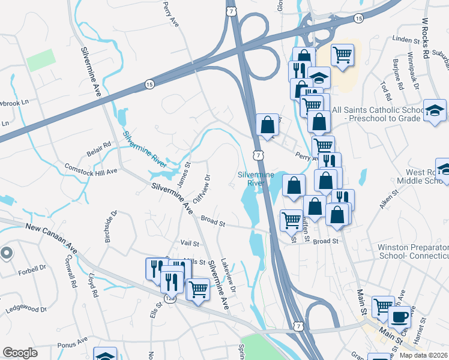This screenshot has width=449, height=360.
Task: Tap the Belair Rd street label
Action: (x=98, y=145)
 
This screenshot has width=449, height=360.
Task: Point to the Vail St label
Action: (x=189, y=243)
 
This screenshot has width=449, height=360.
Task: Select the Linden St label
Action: (x=405, y=40)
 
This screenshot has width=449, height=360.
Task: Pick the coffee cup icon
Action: (x=400, y=316)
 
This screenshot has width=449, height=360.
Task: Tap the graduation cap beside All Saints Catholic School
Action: (x=435, y=110)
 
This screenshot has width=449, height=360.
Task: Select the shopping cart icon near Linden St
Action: (x=342, y=55)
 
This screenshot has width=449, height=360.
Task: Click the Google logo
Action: (x=20, y=353)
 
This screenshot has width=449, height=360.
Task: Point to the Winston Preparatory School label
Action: (x=413, y=251)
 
